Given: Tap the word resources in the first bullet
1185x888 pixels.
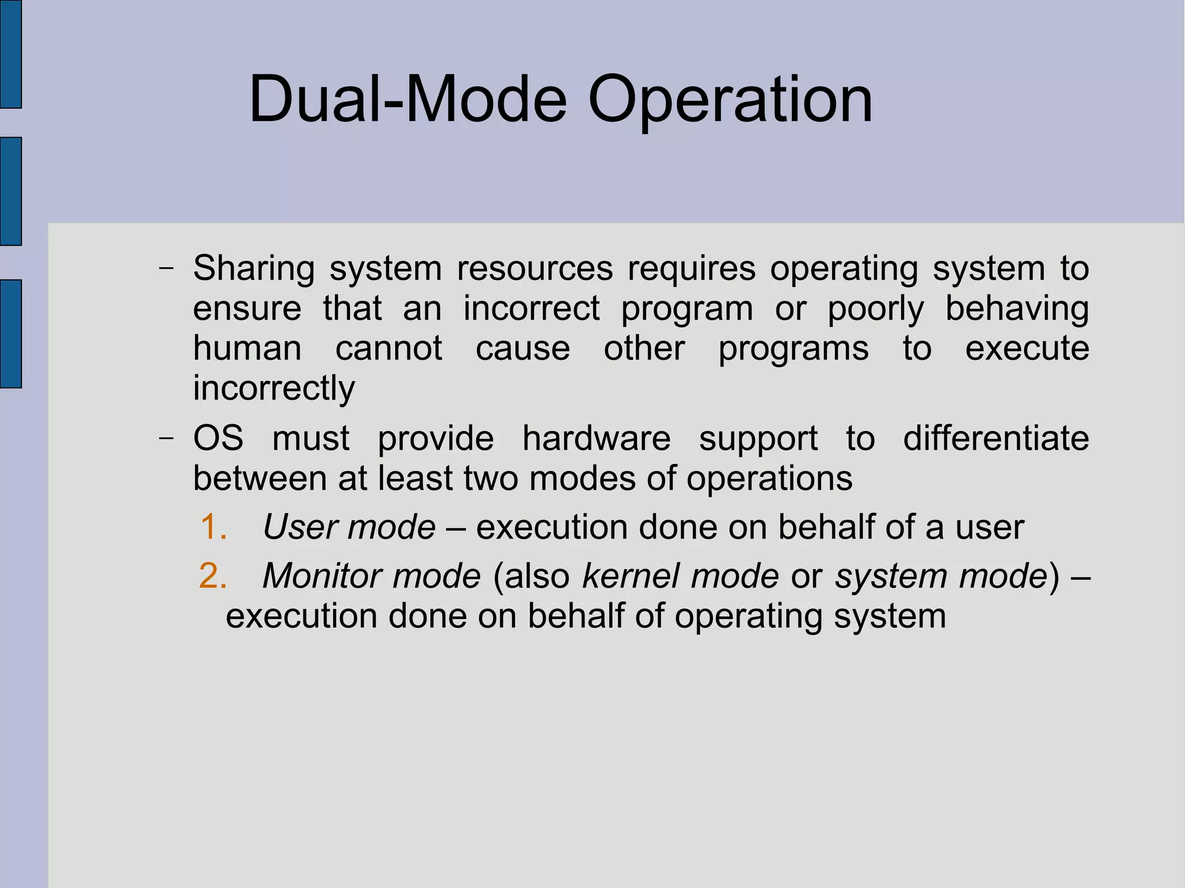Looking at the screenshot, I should [x=535, y=269].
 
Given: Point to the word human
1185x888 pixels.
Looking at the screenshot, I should [x=247, y=348].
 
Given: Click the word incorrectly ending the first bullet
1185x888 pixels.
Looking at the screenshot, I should [x=274, y=388].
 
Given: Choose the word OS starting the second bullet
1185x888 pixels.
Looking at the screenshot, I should [x=218, y=438].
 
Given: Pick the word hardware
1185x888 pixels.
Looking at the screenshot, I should [x=596, y=438].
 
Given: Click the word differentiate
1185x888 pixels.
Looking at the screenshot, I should [x=995, y=438].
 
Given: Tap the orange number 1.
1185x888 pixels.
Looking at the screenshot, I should [x=213, y=527].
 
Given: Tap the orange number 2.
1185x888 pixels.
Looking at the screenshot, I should [x=212, y=576].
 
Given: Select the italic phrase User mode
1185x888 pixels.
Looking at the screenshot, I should [x=349, y=527].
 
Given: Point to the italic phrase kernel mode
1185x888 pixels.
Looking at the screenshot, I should [x=680, y=576].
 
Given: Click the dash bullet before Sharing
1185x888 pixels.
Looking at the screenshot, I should [x=166, y=268].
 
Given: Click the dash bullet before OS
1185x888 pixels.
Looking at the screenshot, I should [x=166, y=438].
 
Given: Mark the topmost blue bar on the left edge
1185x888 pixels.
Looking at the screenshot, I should [x=10, y=53].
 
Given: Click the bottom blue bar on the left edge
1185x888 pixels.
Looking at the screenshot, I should [x=10, y=333].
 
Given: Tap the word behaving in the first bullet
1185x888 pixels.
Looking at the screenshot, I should [x=1017, y=309].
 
